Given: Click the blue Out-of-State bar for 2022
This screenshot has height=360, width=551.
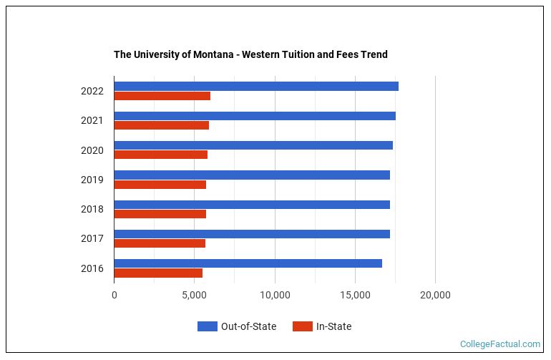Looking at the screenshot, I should [x=256, y=87].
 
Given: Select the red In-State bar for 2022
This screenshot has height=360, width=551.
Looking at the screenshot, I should [x=162, y=96].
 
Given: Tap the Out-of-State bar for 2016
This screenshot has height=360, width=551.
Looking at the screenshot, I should [x=248, y=263].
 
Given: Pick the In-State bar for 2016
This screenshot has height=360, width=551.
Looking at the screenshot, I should [x=158, y=273].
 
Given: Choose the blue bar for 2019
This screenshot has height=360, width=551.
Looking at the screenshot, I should [x=252, y=175].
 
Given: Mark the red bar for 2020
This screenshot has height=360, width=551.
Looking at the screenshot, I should [x=161, y=155].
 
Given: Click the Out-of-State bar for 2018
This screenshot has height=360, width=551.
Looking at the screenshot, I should [x=252, y=205].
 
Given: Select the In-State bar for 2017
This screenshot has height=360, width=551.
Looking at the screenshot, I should [x=160, y=243].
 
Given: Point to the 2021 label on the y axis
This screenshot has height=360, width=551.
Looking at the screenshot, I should [x=92, y=120].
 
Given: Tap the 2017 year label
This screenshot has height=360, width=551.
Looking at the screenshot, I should [x=92, y=238].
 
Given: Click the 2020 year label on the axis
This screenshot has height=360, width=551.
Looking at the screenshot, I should [x=92, y=150].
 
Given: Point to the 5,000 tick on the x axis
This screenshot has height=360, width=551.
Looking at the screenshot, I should [x=195, y=294].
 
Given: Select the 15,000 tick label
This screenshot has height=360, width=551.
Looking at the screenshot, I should [x=355, y=294].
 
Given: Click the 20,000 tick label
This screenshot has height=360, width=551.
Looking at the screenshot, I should [x=435, y=294].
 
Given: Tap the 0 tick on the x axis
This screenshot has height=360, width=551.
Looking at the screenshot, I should [x=114, y=294].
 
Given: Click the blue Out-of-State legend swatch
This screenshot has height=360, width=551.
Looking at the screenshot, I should [x=208, y=326].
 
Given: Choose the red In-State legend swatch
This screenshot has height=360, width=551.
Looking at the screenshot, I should [x=303, y=326].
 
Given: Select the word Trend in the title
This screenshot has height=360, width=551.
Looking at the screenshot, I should [x=374, y=54].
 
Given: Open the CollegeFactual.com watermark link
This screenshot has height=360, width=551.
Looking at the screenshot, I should [x=499, y=344].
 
